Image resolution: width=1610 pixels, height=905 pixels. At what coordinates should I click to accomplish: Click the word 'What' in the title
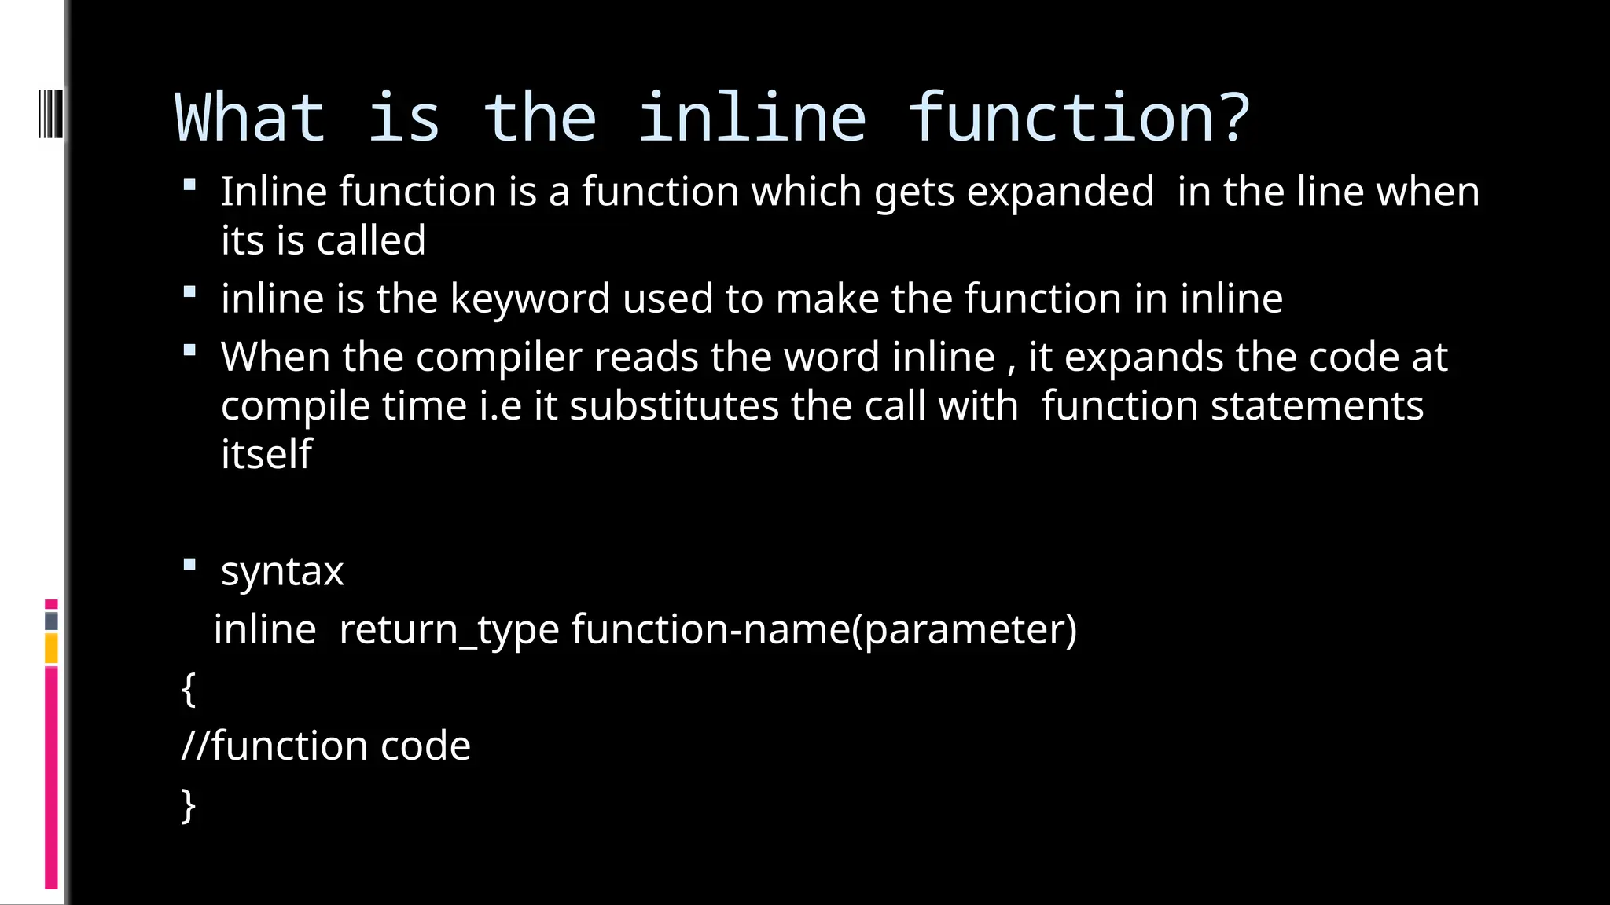[249, 118]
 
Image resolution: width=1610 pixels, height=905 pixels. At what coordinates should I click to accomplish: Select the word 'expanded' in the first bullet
[1060, 192]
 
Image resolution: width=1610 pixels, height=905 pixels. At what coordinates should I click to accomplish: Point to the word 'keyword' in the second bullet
[530, 299]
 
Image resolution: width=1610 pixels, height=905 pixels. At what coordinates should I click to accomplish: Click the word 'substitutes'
[674, 406]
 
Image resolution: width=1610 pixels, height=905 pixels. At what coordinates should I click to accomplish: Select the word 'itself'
[266, 455]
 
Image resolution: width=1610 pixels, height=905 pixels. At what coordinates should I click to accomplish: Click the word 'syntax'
[282, 571]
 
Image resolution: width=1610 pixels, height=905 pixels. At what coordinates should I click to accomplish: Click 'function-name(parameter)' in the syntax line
[824, 630]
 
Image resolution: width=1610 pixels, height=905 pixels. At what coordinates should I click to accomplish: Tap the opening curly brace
[188, 689]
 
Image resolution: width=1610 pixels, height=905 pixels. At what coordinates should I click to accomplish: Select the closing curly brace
[188, 805]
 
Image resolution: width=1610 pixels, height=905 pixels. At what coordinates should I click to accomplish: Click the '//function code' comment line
[325, 746]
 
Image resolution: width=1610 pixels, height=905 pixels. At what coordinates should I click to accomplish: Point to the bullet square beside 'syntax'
[189, 564]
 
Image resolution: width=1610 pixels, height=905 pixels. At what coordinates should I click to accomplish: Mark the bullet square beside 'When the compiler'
[189, 350]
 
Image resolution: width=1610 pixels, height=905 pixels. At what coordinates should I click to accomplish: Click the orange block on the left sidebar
[51, 649]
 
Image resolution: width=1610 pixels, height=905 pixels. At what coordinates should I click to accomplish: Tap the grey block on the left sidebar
[51, 621]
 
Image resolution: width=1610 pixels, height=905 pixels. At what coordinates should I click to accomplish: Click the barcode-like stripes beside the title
[50, 115]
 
